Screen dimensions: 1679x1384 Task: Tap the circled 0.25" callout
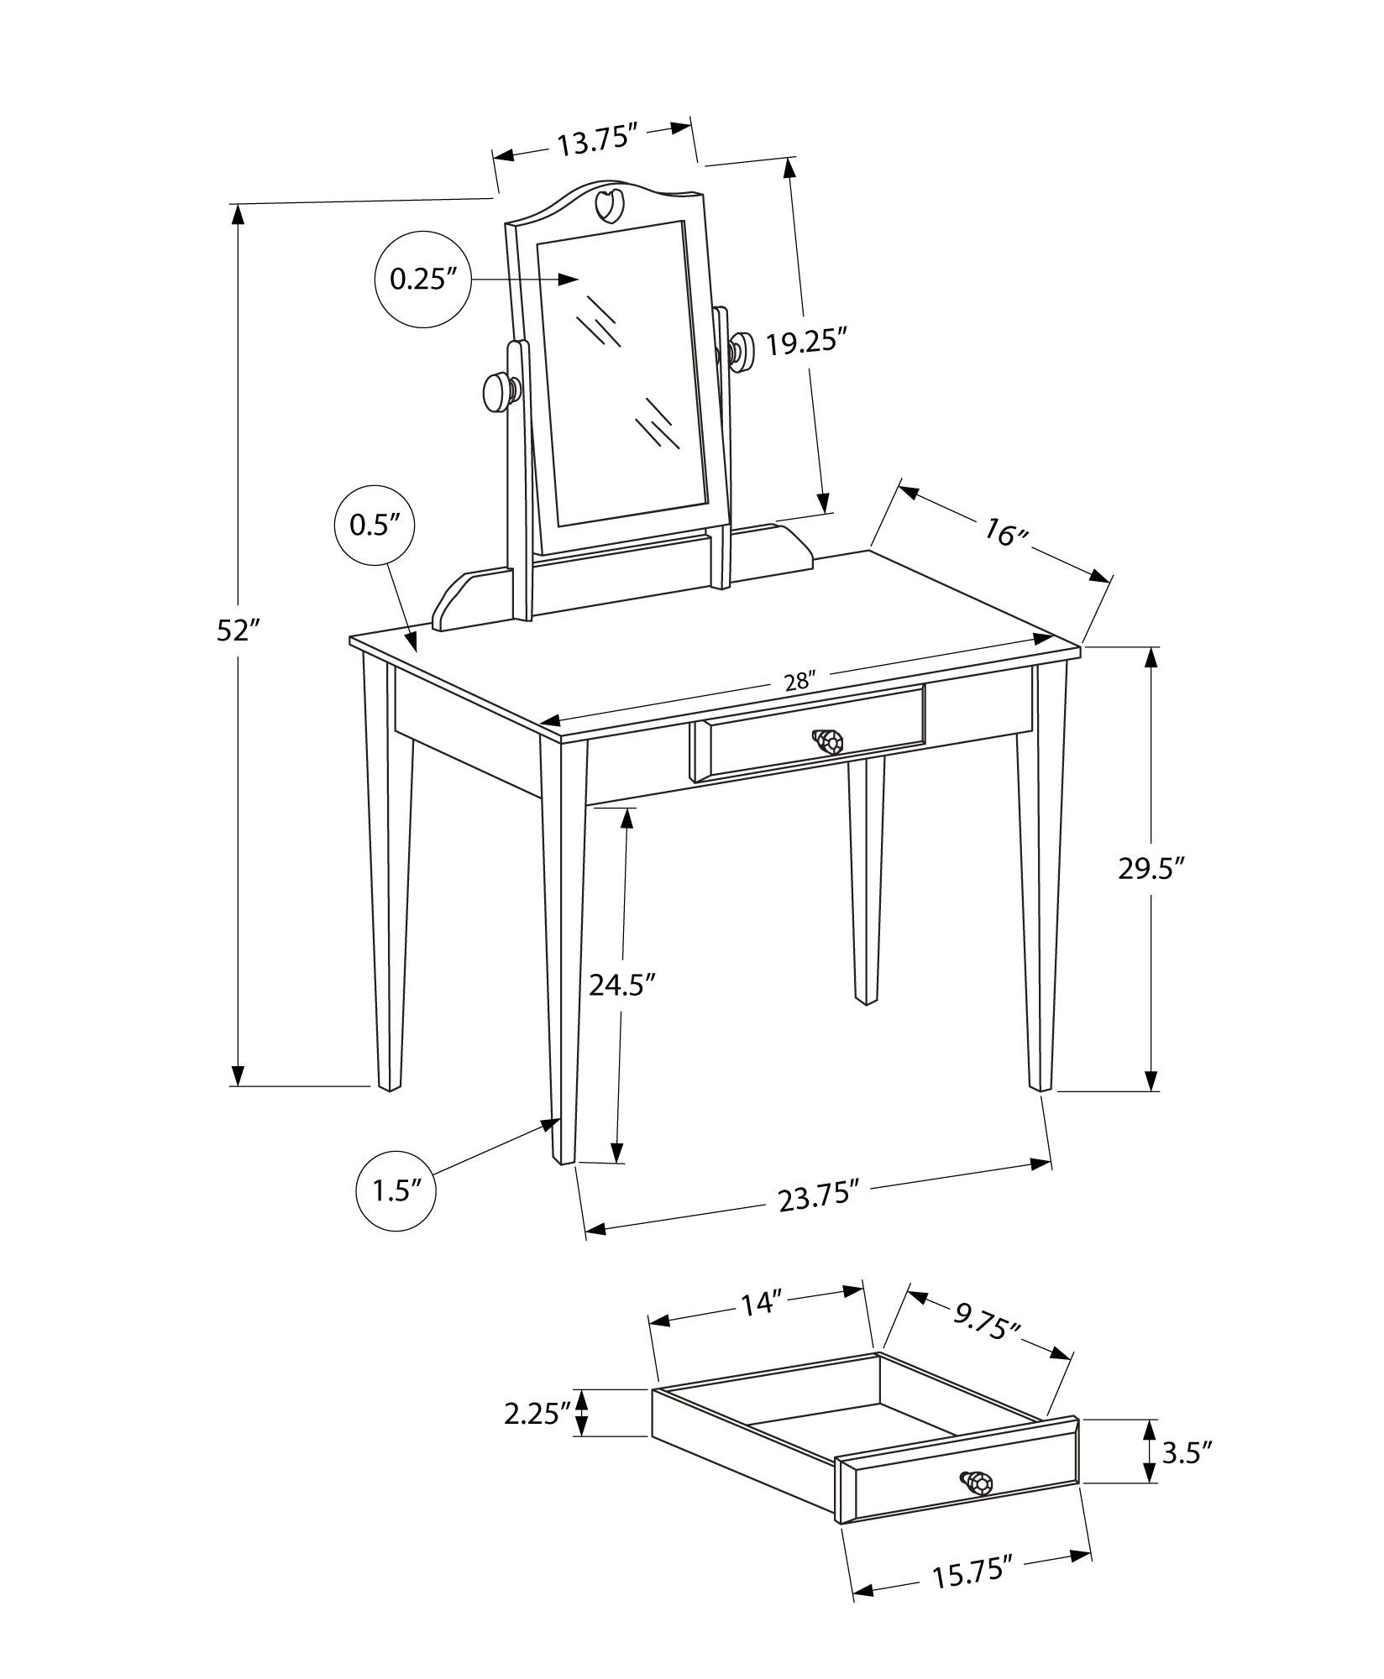tap(422, 279)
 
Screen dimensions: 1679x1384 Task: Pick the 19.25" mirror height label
tap(804, 344)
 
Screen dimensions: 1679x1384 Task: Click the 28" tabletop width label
tap(796, 680)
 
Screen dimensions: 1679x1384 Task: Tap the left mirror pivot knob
tap(499, 391)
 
